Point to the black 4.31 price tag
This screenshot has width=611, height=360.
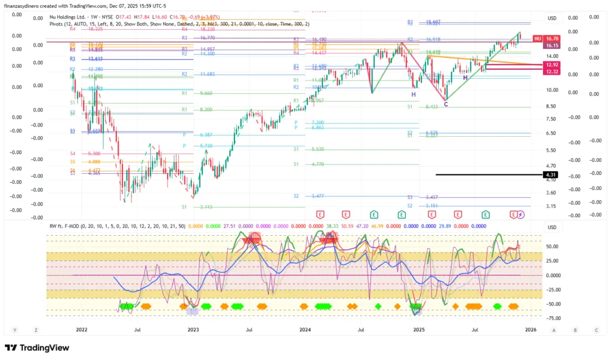point(550,174)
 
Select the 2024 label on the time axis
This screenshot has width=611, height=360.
point(305,329)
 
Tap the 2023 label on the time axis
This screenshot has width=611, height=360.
point(193,329)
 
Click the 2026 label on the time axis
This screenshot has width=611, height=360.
point(530,329)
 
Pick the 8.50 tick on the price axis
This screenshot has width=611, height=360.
point(552,106)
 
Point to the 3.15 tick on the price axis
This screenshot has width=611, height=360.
point(552,206)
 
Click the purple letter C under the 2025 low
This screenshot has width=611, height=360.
point(446,104)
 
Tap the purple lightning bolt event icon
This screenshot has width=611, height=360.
point(520,214)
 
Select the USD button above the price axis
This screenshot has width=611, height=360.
point(552,18)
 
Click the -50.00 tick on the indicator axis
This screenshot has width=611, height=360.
point(552,304)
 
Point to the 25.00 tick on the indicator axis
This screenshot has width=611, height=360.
point(552,261)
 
